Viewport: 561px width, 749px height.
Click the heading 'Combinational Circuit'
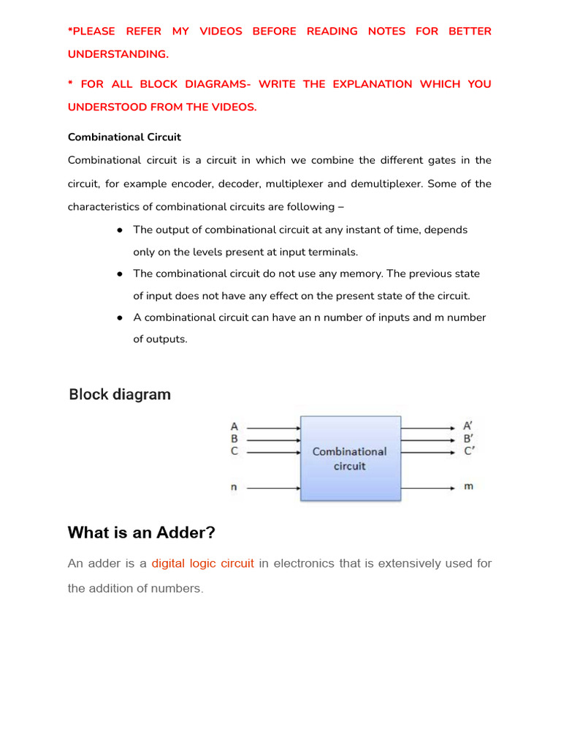(x=124, y=137)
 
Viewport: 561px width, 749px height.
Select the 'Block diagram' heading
(x=120, y=395)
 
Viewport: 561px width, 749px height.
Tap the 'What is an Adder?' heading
(x=141, y=532)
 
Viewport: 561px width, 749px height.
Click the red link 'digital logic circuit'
(x=202, y=564)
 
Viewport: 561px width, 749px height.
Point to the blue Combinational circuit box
(x=350, y=459)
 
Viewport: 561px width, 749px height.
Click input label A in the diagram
(x=234, y=426)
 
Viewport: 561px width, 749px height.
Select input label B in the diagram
(x=234, y=439)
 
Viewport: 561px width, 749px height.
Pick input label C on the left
(x=234, y=451)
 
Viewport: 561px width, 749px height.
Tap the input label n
(x=234, y=486)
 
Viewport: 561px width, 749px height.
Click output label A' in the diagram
(x=468, y=426)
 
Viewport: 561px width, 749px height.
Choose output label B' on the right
(x=468, y=439)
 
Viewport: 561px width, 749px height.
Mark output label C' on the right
(x=468, y=451)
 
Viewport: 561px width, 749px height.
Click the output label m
(x=468, y=486)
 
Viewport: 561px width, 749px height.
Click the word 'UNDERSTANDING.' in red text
(x=118, y=54)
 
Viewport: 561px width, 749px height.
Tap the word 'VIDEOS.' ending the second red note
(x=229, y=107)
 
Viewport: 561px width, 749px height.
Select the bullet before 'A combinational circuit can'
(x=118, y=317)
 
